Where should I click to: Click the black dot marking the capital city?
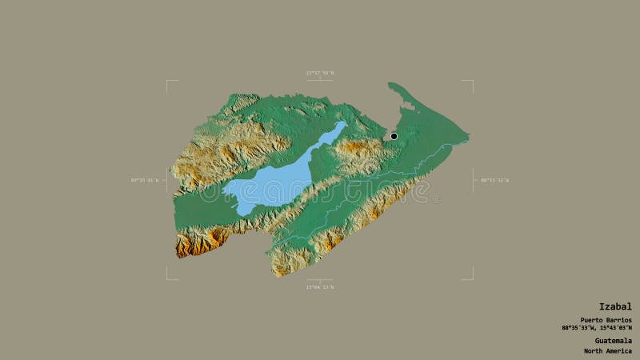pos(394,137)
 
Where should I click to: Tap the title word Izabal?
pos(616,306)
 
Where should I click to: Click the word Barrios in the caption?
pos(616,320)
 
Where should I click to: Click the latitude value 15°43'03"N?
pos(614,327)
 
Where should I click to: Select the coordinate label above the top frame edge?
pos(319,73)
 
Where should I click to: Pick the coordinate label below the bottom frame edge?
pos(319,286)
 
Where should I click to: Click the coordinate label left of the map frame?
pos(145,180)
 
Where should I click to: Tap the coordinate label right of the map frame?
pos(494,180)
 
